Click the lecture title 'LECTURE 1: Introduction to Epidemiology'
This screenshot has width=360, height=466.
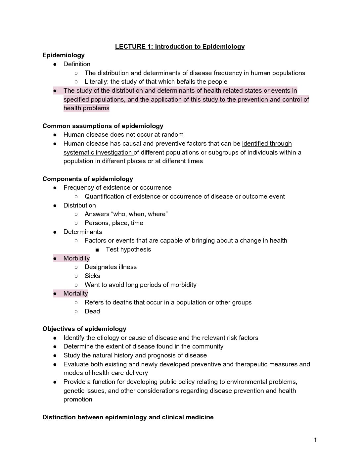click(180, 46)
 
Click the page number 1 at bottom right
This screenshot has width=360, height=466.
click(315, 440)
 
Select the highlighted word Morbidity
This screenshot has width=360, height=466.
click(76, 258)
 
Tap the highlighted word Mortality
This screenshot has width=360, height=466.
click(75, 293)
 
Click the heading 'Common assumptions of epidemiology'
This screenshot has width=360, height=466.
click(103, 126)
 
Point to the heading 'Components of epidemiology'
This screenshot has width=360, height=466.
click(87, 179)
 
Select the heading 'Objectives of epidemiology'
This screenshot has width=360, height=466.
click(84, 329)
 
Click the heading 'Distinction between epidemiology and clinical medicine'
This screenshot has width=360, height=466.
click(128, 417)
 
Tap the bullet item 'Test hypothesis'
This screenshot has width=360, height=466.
click(128, 249)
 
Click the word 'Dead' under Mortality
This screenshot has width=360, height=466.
click(92, 311)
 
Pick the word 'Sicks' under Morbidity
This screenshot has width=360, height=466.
click(92, 276)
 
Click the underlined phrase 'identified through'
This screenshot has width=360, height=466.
click(267, 143)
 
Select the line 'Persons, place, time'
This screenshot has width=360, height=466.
click(114, 223)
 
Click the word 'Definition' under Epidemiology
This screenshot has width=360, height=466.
click(77, 64)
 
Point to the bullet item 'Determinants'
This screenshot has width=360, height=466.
click(82, 232)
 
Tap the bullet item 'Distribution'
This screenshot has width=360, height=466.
click(79, 205)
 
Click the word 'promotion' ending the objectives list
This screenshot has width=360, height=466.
click(78, 399)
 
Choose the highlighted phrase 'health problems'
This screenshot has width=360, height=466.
click(86, 108)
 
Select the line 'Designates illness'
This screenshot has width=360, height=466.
click(111, 267)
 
